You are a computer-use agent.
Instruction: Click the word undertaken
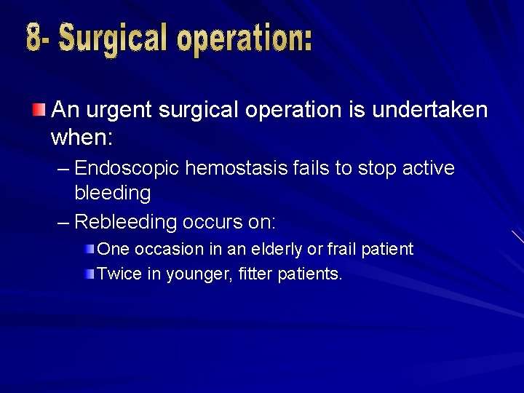(x=429, y=110)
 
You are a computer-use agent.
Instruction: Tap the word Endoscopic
(x=127, y=169)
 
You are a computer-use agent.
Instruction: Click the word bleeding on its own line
(x=113, y=194)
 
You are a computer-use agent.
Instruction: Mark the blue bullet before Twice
(x=89, y=274)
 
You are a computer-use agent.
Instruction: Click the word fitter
(x=255, y=274)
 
